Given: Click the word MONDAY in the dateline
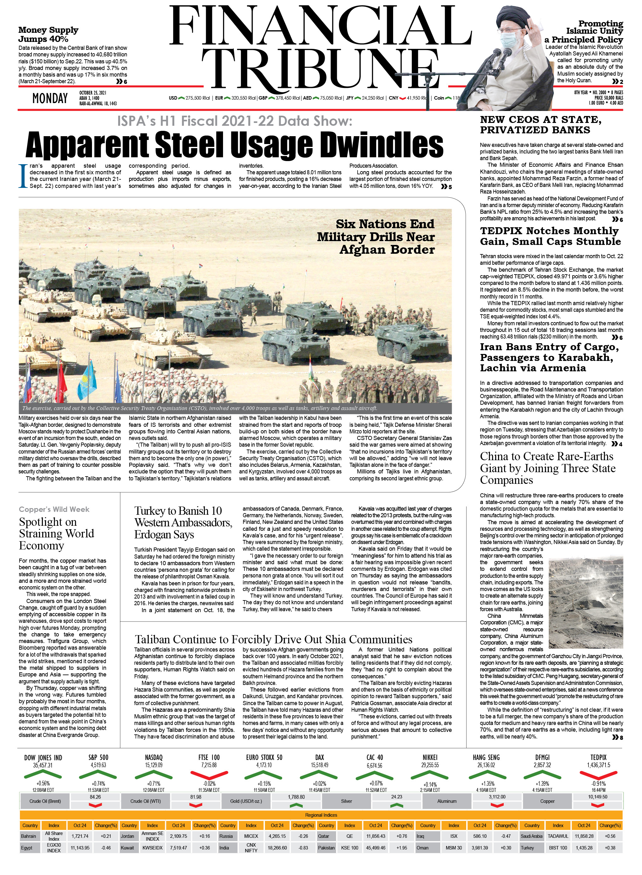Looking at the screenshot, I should [50, 98].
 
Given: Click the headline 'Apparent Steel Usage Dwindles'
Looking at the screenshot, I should [234, 145].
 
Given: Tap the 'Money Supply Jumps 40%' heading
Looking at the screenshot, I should [48, 34].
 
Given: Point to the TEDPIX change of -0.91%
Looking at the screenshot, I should [599, 784].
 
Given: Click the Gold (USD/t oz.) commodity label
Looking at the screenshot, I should [246, 801].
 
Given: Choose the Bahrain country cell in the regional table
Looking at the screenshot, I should [29, 836].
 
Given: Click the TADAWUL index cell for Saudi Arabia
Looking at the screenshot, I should [558, 836].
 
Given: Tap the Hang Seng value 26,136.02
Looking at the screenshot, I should [486, 765].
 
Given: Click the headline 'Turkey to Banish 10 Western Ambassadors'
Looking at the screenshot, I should [183, 522].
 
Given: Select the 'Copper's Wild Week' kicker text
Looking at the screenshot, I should [54, 509].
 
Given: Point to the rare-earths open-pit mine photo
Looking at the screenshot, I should [585, 602].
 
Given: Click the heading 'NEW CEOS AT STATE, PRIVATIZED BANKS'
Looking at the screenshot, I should [541, 125].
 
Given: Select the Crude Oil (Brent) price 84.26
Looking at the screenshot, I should [95, 797].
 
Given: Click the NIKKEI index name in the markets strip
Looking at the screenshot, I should [430, 757].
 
